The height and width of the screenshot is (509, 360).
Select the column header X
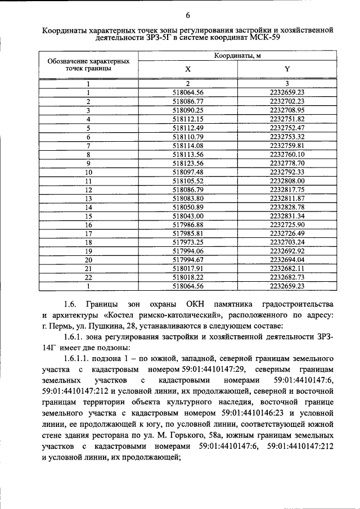pos(188,69)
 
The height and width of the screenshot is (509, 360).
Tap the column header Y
pos(287,69)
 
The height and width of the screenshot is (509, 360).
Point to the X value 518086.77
pos(188,101)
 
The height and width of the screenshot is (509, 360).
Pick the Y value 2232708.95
pos(287,110)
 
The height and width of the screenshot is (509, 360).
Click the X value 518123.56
pos(188,163)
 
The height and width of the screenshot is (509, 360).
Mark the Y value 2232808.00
pos(287,181)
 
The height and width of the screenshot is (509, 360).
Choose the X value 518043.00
pos(188,215)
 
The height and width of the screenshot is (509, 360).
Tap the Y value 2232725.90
pos(287,224)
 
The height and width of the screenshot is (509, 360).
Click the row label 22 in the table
pos(88,277)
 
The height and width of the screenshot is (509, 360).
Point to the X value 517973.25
pos(188,242)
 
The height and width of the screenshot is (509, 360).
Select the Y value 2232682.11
pos(287,268)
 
